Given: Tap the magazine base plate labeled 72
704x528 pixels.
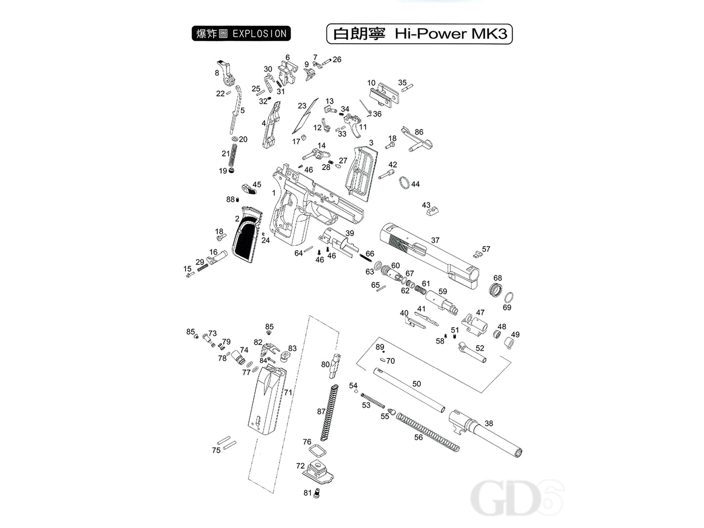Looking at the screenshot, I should [x=320, y=471].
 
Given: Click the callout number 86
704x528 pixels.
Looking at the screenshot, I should [x=419, y=132].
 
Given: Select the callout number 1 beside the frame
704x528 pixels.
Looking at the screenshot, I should [x=274, y=193].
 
